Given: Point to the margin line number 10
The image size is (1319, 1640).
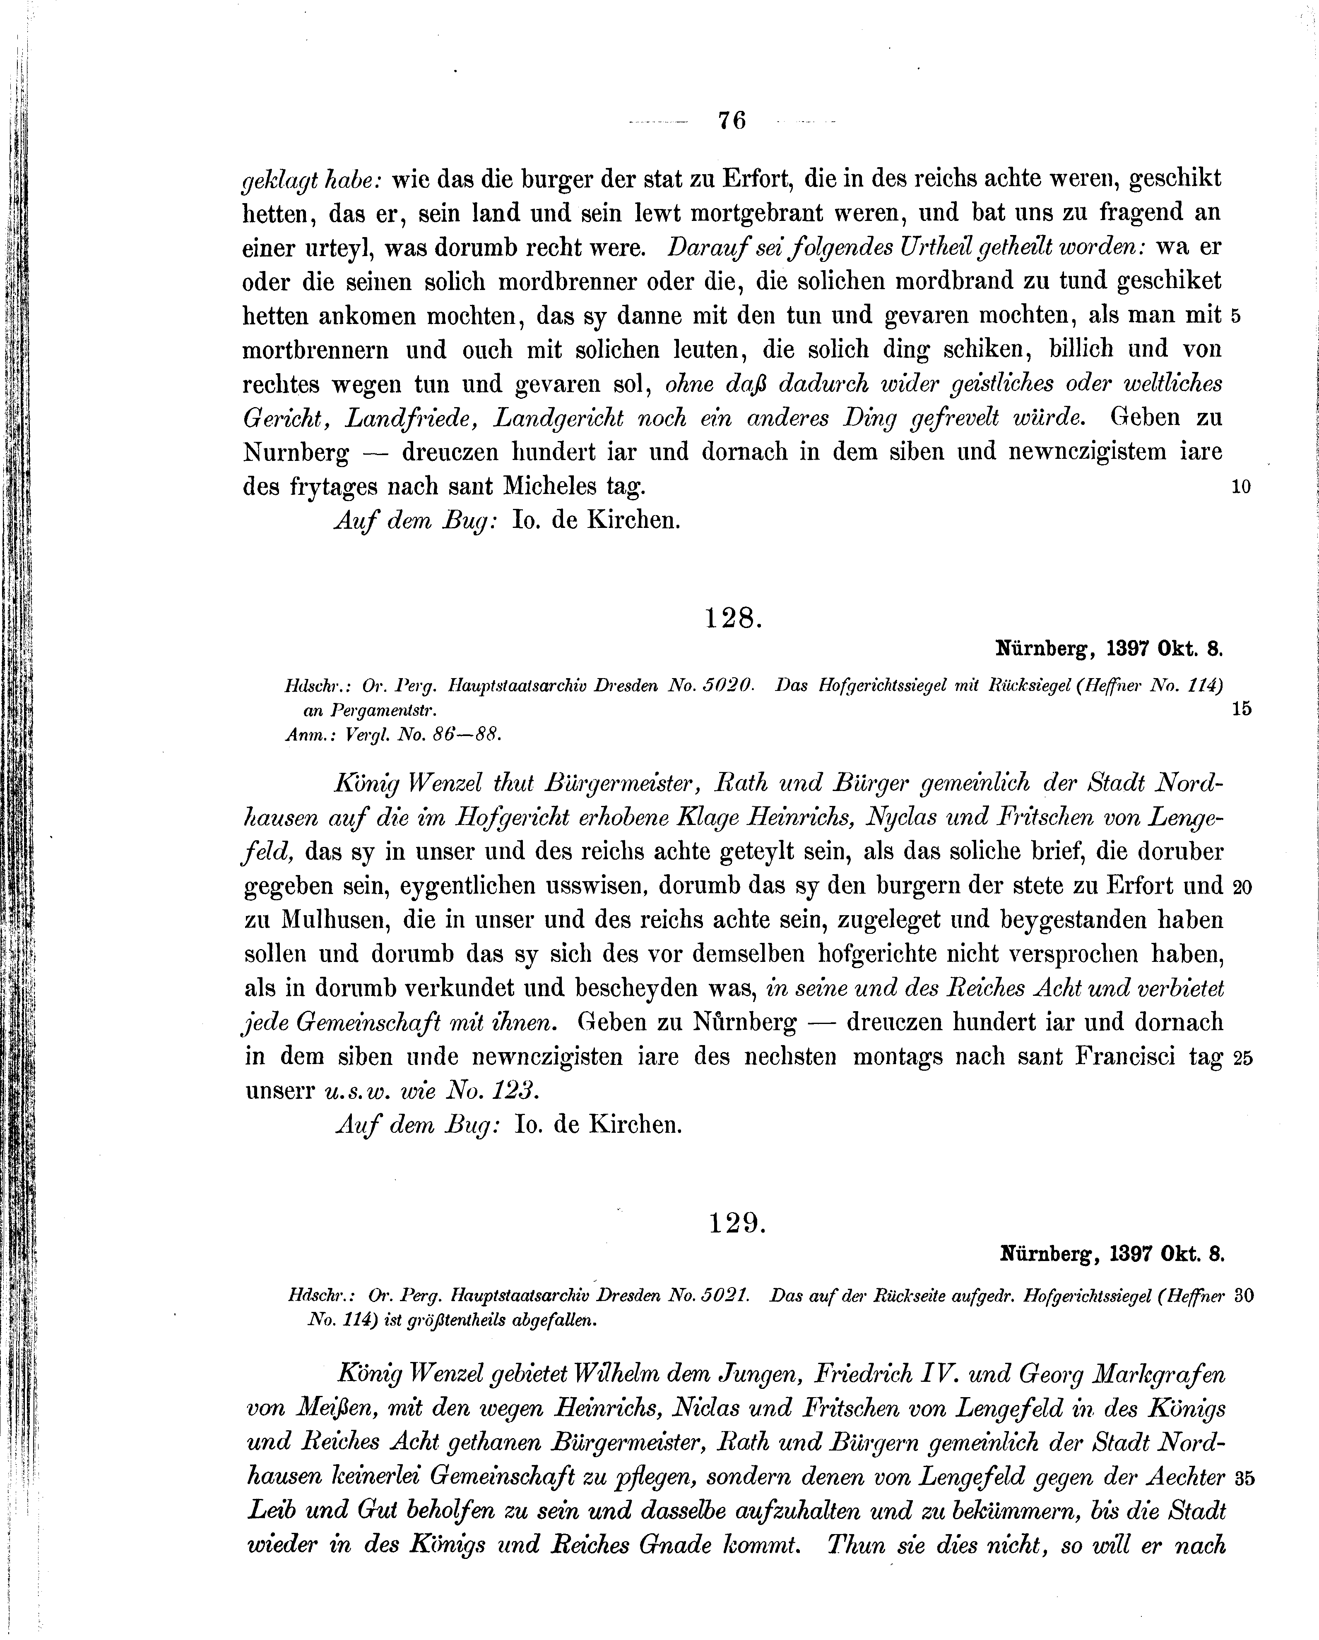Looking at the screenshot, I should pos(1241,487).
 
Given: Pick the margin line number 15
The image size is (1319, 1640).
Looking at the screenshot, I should pos(1241,709).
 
